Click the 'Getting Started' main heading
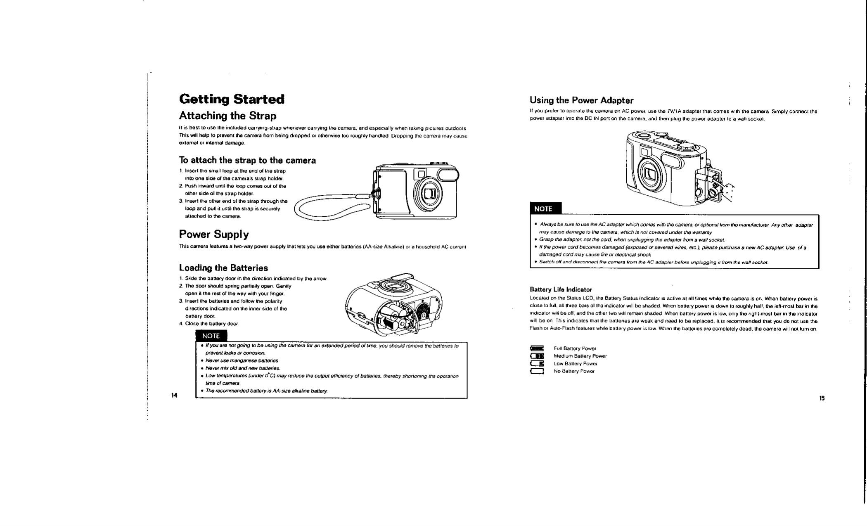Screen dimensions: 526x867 tap(232, 100)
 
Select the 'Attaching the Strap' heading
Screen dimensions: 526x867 tap(227, 116)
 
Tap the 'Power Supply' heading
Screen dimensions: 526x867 tap(214, 235)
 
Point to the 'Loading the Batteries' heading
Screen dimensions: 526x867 tap(223, 268)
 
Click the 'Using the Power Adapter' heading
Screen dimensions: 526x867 tap(581, 100)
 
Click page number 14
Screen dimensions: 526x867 tap(174, 396)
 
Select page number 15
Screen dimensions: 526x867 tap(822, 398)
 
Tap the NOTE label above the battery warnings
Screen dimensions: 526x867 tap(211, 336)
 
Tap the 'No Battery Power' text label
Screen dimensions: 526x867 tap(574, 371)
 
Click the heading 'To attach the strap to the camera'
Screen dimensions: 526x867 tap(247, 160)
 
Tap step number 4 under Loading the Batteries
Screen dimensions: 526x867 tap(181, 324)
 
